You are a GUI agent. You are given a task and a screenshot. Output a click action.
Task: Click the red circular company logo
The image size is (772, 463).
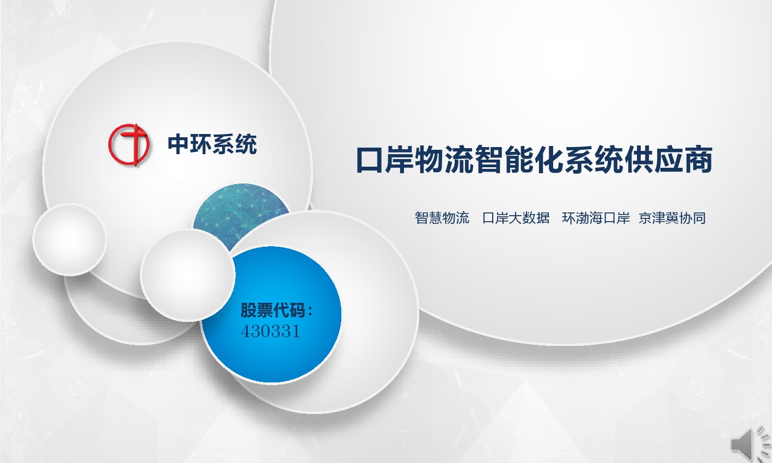pyautogui.click(x=129, y=145)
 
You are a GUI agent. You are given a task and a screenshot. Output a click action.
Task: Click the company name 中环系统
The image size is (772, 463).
pyautogui.click(x=212, y=144)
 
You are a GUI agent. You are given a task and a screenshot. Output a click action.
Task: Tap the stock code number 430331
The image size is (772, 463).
pyautogui.click(x=271, y=331)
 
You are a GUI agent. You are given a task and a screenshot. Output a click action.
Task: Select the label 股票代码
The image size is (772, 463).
pyautogui.click(x=273, y=310)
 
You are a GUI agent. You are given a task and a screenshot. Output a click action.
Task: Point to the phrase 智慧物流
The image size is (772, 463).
pyautogui.click(x=442, y=218)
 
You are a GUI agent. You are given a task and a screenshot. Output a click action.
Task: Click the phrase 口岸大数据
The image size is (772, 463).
pyautogui.click(x=516, y=218)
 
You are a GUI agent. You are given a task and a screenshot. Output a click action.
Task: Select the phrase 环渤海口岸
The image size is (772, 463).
pyautogui.click(x=596, y=218)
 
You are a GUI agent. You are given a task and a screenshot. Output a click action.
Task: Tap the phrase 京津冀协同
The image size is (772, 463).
pyautogui.click(x=672, y=218)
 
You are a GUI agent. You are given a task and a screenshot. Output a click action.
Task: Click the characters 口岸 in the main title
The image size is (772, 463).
pyautogui.click(x=385, y=160)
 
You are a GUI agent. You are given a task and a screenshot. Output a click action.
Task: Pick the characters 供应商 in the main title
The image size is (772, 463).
pyautogui.click(x=668, y=160)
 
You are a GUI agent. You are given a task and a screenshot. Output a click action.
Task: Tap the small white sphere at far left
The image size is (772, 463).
pyautogui.click(x=70, y=240)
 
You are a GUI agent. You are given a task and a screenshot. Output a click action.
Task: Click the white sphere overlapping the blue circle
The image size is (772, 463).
pyautogui.click(x=188, y=276)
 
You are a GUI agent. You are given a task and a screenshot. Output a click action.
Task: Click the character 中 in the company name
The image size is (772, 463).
pyautogui.click(x=179, y=144)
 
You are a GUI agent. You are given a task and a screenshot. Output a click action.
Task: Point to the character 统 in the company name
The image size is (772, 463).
pyautogui.click(x=246, y=144)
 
